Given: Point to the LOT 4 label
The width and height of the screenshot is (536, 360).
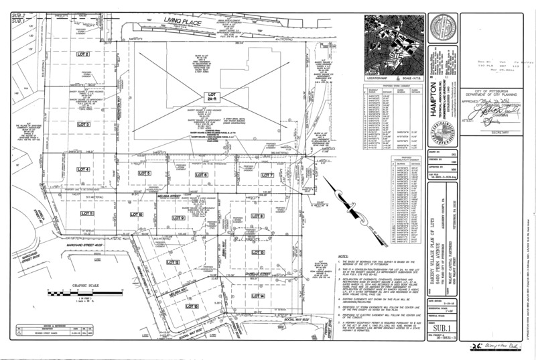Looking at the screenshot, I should [x=83, y=170].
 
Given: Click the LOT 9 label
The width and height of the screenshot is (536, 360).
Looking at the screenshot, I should [x=178, y=219].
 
